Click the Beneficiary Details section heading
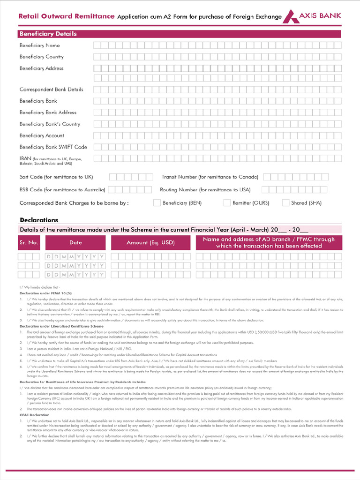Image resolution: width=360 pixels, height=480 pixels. tap(47, 34)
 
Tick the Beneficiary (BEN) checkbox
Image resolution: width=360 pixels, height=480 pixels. tap(157, 203)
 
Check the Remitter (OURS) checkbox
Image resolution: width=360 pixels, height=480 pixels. tap(227, 203)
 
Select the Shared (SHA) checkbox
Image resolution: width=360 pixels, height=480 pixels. tap(285, 203)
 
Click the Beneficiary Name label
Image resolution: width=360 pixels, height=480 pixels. tap(39, 45)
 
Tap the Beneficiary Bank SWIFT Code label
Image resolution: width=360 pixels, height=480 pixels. tap(53, 147)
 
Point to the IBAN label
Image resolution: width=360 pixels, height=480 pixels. tap(26, 159)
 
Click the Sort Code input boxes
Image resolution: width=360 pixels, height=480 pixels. tap(131, 177)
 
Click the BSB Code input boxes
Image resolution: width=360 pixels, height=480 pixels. tap(130, 190)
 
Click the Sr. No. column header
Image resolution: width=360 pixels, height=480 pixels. tap(29, 243)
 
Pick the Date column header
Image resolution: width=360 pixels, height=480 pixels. tap(75, 243)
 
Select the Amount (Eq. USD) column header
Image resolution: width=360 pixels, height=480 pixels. tap(150, 243)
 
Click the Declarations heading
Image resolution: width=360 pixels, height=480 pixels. tap(39, 220)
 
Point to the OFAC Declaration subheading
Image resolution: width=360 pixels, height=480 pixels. tap(34, 415)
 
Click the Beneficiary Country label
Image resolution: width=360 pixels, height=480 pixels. tap(41, 57)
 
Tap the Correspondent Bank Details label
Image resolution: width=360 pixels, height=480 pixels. tap(51, 90)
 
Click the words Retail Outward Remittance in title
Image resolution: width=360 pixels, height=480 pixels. tap(66, 16)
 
